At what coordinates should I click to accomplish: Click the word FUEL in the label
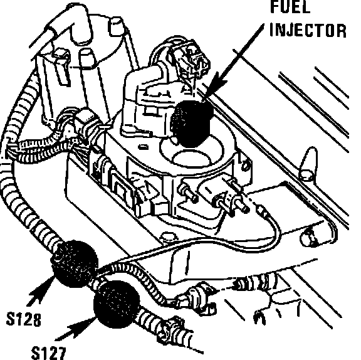291,6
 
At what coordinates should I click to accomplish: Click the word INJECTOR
308,30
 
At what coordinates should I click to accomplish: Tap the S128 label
23,319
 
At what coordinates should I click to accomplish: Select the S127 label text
49,353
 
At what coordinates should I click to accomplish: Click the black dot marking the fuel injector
192,124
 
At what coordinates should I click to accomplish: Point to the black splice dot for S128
74,264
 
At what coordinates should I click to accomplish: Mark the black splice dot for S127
117,304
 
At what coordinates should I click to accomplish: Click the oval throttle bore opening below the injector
192,158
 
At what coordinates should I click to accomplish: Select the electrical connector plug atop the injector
189,60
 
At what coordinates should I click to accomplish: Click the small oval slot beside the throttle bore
143,147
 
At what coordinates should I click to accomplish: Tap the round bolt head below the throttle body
169,237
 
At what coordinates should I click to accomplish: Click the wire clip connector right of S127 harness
200,297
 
